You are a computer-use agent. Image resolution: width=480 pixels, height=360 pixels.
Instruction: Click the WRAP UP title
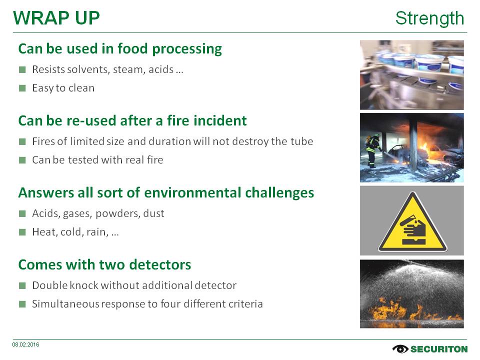tap(56, 18)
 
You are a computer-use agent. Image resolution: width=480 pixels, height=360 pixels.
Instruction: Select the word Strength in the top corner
tap(429, 18)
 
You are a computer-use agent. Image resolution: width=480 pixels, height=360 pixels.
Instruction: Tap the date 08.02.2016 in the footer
tap(25, 344)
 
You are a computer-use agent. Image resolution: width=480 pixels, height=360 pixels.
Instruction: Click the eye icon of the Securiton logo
tap(400, 349)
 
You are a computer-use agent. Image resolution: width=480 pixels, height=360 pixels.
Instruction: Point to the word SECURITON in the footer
tap(439, 349)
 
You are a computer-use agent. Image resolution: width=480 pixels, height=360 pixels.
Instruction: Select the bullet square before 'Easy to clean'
tap(22, 88)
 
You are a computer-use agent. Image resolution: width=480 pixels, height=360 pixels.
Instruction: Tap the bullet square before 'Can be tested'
tap(22, 160)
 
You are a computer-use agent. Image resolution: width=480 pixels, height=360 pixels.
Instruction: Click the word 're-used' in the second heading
tap(93, 120)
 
